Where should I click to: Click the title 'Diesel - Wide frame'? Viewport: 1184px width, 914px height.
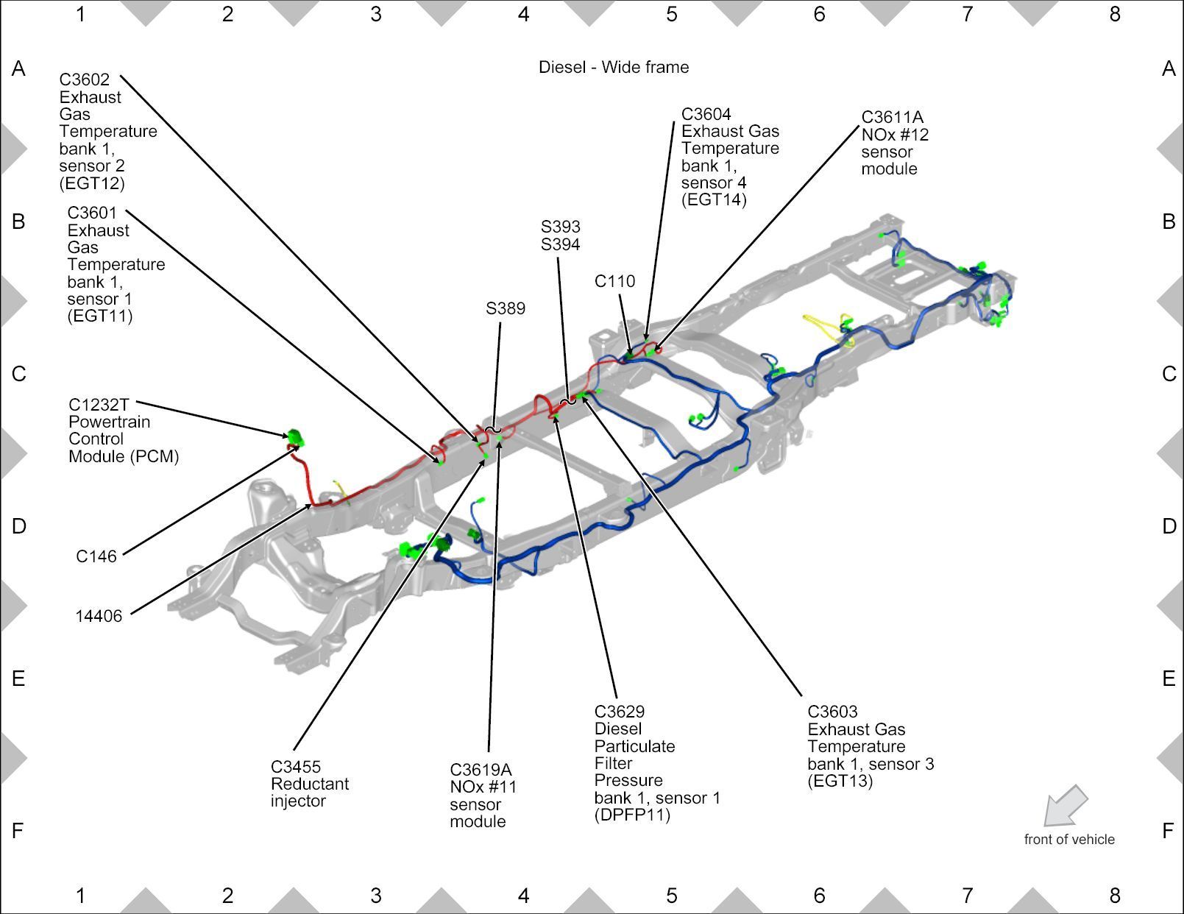pos(614,67)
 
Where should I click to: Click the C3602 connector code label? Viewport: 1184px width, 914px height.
pos(84,79)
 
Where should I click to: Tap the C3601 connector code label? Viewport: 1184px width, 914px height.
pos(92,213)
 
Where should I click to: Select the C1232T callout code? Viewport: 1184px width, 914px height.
pos(99,405)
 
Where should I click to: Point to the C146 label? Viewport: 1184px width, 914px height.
pos(96,556)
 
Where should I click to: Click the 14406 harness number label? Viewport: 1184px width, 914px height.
pos(99,616)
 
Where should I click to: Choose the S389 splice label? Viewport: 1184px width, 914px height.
pos(506,308)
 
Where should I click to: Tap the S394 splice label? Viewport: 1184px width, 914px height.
pos(560,244)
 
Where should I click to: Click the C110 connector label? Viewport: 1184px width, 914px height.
pos(614,281)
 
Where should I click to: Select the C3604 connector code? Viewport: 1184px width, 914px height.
pos(706,114)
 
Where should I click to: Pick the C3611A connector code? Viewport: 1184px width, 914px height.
pos(892,117)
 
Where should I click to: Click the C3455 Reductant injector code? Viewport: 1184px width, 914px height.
pos(296,767)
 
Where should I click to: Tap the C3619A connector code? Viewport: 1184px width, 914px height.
pos(481,770)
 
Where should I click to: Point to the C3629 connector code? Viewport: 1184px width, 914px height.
pos(620,712)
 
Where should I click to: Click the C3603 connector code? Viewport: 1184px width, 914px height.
pos(832,712)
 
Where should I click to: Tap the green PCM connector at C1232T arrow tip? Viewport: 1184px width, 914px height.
pos(296,438)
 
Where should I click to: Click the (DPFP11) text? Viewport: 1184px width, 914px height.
pos(632,815)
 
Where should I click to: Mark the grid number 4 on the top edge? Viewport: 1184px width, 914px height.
pos(523,13)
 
